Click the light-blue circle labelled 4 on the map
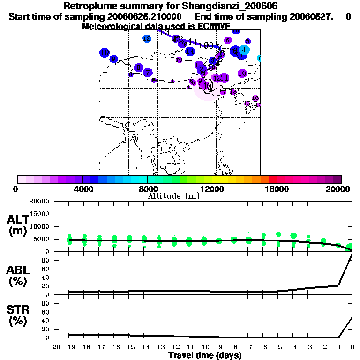244,49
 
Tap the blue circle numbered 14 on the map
190,52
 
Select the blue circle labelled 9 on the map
113,59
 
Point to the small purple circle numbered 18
233,92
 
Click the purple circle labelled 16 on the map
255,98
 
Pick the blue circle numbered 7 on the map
148,72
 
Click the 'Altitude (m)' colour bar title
173,196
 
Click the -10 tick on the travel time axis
204,347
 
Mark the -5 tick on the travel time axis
278,347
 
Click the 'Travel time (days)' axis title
205,355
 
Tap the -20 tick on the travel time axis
55,347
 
